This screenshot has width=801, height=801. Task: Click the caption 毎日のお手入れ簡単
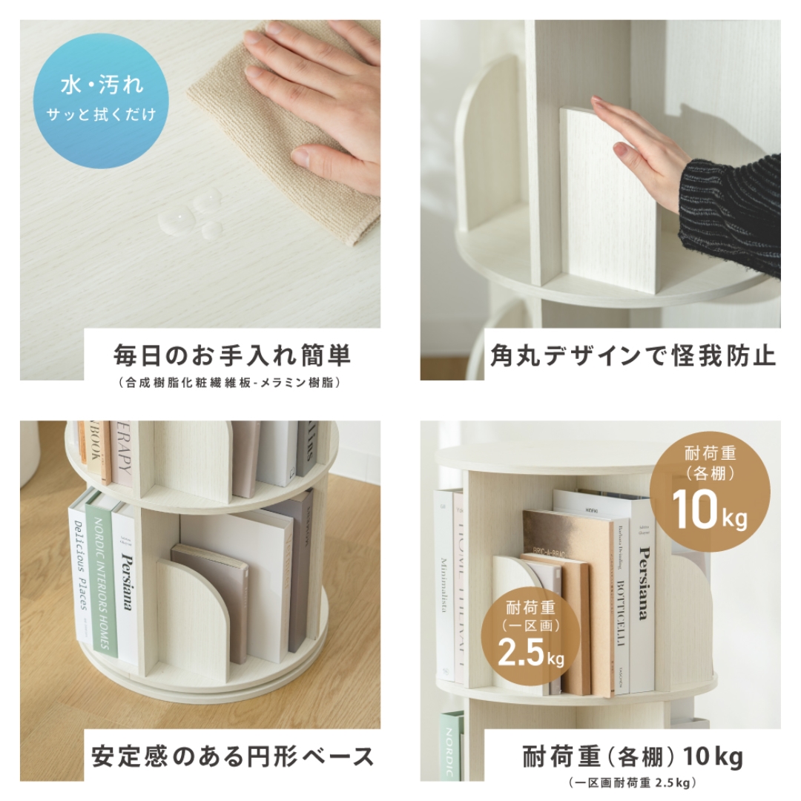tap(231, 356)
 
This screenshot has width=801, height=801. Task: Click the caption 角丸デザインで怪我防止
tap(632, 356)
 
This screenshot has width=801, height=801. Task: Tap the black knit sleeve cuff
tap(731, 215)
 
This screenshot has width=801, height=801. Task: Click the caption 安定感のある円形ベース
tap(232, 756)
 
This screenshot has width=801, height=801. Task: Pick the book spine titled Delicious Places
tap(78, 567)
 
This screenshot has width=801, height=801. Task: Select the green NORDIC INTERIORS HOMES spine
tap(100, 578)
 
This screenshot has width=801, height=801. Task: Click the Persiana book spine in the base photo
tap(127, 582)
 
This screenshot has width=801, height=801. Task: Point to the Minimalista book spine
tap(444, 586)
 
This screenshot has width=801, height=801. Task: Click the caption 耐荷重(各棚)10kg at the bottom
tap(632, 757)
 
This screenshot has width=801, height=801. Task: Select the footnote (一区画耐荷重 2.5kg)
tap(632, 782)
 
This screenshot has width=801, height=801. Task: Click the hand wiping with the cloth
tap(326, 96)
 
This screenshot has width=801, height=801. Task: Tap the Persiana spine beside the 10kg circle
tap(644, 593)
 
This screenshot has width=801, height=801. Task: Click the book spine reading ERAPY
tap(124, 452)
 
